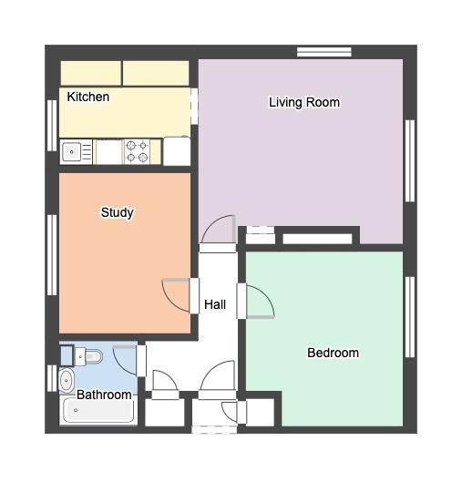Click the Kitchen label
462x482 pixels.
(x=88, y=97)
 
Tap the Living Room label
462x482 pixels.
(x=304, y=102)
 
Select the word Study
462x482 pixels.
(x=118, y=212)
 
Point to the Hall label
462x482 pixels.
(x=215, y=304)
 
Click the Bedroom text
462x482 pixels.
(x=333, y=353)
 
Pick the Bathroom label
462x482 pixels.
(x=104, y=395)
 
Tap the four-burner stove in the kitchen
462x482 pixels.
(x=138, y=151)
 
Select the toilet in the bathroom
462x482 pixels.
(x=88, y=356)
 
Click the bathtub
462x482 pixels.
(x=98, y=410)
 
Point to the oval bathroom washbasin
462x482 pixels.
(x=67, y=381)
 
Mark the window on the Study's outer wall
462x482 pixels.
(x=52, y=255)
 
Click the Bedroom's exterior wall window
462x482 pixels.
(x=410, y=317)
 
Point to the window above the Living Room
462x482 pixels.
(x=324, y=52)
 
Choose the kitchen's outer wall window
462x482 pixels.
(x=52, y=126)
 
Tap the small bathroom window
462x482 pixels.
(x=52, y=378)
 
